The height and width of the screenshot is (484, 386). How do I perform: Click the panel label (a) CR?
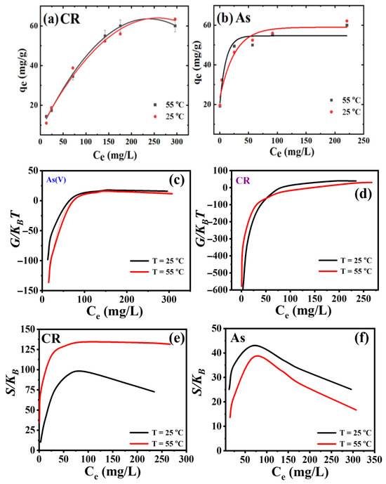62,19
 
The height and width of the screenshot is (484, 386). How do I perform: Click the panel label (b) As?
234,18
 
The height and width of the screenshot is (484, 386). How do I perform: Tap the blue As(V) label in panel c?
56,180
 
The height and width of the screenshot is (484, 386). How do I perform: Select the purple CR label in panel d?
243,181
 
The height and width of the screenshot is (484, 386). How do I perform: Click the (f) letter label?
361,339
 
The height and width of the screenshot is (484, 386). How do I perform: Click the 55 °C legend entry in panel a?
169,105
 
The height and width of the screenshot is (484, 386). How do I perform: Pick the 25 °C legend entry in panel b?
345,112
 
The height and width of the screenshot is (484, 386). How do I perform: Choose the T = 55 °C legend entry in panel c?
157,272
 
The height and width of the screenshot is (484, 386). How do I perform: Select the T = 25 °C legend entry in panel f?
345,433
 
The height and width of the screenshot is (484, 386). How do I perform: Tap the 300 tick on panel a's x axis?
177,142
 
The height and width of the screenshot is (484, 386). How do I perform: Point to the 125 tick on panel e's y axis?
28,349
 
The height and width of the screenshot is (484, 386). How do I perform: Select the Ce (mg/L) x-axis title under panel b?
292,152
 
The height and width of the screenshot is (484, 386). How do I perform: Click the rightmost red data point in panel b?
347,21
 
